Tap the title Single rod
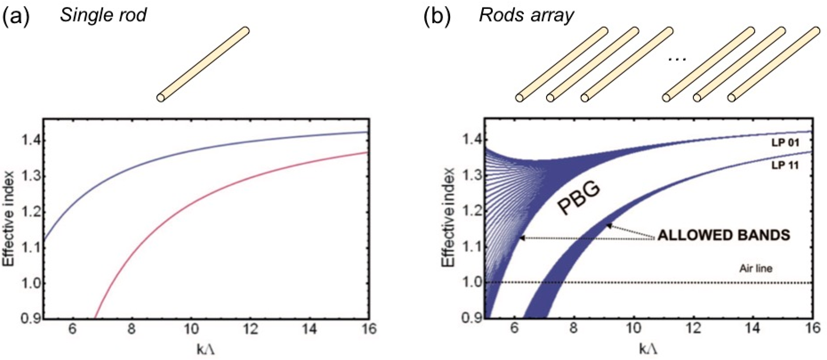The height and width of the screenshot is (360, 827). [x=103, y=15]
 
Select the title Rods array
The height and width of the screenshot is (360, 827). [x=526, y=15]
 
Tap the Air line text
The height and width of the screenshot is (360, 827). [x=756, y=268]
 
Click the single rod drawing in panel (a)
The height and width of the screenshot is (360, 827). [x=203, y=64]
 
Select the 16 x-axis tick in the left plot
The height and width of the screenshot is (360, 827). [x=368, y=329]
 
